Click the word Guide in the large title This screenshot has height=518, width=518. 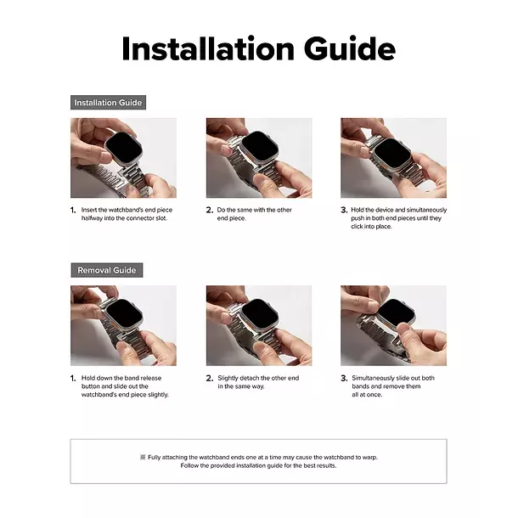point(350,48)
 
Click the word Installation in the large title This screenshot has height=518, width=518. point(208,48)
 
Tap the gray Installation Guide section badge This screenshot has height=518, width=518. point(108,103)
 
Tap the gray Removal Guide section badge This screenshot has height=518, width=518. point(107,270)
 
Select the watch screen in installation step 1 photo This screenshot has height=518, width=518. point(125,148)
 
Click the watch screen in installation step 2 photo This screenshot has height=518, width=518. point(259,148)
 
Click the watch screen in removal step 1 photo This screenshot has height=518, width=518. point(125,314)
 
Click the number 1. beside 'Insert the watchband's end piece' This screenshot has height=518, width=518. point(73,210)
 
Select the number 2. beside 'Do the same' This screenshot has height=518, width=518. point(210,210)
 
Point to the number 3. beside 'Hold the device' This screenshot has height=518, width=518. point(344,210)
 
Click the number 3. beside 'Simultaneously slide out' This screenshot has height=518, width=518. point(344,378)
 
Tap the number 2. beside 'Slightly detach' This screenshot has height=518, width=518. point(210,378)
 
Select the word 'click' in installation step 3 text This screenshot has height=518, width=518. point(358,227)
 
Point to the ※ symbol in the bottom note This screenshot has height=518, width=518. point(143,457)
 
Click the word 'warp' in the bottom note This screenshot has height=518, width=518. point(370,458)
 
